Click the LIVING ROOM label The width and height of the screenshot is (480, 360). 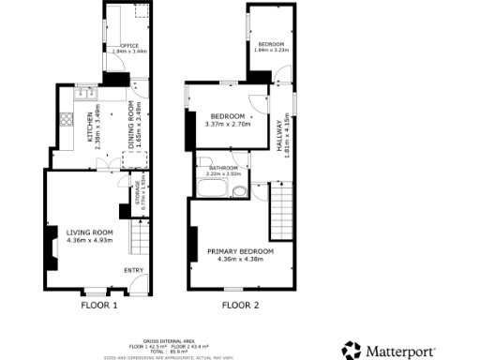click(x=90, y=232)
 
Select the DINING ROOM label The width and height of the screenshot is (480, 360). click(x=119, y=125)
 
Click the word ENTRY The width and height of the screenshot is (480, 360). click(x=134, y=272)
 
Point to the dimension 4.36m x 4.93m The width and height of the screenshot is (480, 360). click(x=90, y=240)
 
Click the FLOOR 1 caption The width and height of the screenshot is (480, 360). click(x=98, y=305)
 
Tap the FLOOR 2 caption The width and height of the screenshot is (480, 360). click(x=240, y=305)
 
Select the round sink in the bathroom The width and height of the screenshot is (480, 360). click(x=240, y=193)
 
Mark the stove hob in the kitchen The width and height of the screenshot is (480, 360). click(x=67, y=119)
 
